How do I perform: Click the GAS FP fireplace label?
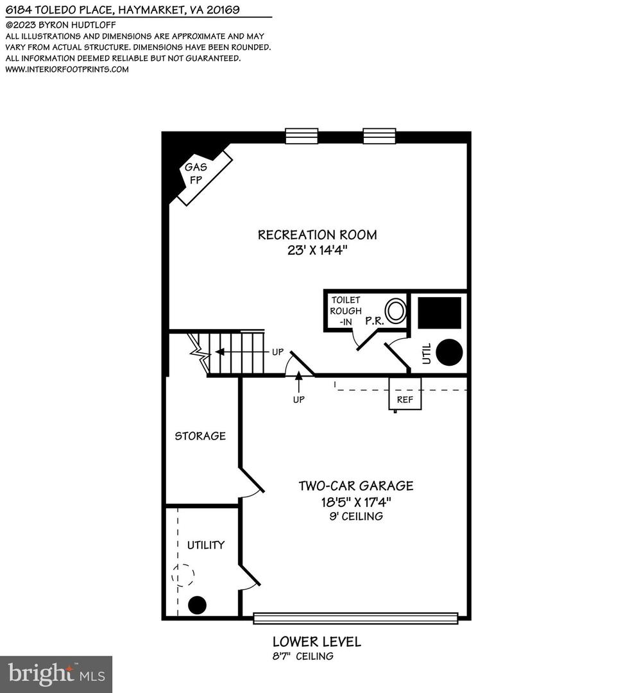194,173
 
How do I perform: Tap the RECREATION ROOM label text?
317,235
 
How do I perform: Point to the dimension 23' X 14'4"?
317,251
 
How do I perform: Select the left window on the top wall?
302,136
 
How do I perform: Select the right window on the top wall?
379,136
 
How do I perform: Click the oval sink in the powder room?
396,311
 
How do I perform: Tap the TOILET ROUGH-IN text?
346,311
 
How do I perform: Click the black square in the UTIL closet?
439,312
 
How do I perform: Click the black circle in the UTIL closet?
450,352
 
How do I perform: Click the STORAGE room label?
200,436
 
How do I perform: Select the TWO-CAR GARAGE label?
355,486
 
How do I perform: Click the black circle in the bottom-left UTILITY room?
198,604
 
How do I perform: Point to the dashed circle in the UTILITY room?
183,575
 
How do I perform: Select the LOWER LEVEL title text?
316,641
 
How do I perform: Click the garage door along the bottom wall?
355,618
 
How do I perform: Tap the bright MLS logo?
56,674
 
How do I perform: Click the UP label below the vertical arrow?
298,399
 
